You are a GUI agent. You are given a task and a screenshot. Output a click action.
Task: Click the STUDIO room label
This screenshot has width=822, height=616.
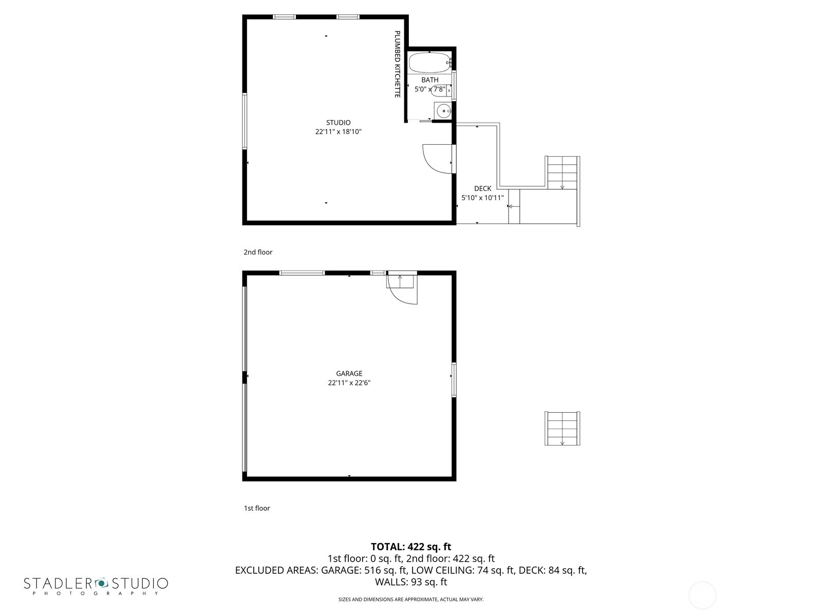tap(338, 123)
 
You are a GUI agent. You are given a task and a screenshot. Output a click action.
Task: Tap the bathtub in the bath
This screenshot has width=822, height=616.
tap(429, 63)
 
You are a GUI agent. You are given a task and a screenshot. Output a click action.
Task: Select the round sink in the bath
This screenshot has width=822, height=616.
tap(444, 111)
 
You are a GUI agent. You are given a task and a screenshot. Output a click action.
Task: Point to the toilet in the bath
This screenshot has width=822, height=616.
tap(440, 90)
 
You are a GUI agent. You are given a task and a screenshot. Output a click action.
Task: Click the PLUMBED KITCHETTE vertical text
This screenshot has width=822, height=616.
tap(397, 64)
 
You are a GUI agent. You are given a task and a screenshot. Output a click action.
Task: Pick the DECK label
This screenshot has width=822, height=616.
tap(482, 188)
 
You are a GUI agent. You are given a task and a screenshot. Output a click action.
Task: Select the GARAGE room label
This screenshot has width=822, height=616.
tap(349, 373)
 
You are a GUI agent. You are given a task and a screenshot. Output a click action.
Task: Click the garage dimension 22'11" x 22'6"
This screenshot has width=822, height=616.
tap(349, 382)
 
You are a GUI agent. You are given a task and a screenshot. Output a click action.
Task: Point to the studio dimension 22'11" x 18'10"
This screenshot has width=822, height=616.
tap(338, 131)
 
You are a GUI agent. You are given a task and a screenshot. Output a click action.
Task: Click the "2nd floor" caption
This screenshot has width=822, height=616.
tap(258, 252)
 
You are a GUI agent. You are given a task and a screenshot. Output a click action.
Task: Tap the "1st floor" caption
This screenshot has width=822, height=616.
tap(256, 508)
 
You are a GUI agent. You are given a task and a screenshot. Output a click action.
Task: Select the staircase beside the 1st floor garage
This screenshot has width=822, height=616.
tap(562, 429)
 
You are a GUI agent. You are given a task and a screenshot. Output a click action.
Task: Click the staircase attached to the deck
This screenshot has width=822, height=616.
tap(562, 172)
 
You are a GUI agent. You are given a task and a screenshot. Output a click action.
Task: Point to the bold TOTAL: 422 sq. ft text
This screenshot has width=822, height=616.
tap(411, 547)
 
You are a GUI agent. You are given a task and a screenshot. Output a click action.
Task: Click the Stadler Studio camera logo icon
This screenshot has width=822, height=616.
tap(101, 583)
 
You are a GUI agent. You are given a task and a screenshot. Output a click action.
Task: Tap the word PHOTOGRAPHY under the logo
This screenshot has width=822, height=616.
tap(96, 593)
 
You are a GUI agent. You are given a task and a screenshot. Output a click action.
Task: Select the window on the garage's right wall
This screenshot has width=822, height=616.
tap(454, 380)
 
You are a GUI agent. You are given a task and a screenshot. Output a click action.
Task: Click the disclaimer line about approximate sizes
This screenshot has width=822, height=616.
tap(411, 600)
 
